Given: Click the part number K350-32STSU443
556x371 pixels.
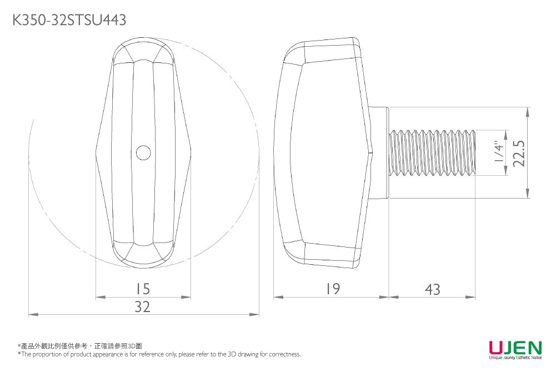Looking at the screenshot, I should (x=69, y=21).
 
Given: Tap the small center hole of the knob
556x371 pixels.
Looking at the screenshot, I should (x=143, y=152).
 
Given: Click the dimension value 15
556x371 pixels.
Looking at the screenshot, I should (x=143, y=289).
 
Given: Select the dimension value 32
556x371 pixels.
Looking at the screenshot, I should (x=143, y=307).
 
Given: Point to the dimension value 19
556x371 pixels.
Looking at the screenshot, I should (x=332, y=289).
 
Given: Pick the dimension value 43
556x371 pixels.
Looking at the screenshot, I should (x=432, y=289).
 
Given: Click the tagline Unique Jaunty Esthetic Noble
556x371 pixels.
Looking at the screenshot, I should (x=515, y=358).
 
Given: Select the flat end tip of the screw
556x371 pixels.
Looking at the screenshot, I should (x=475, y=153).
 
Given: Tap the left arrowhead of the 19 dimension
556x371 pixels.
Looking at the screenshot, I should (x=277, y=298).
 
